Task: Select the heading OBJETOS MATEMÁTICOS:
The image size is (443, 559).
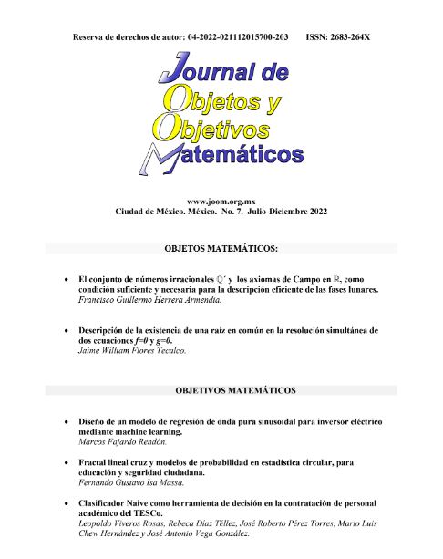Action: click(x=221, y=248)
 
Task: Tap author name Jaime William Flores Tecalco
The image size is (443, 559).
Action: click(x=132, y=349)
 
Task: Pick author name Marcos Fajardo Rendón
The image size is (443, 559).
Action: click(x=126, y=441)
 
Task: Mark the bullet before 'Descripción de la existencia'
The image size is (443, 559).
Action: click(x=62, y=330)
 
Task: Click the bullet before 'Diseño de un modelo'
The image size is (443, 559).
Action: click(x=62, y=422)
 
